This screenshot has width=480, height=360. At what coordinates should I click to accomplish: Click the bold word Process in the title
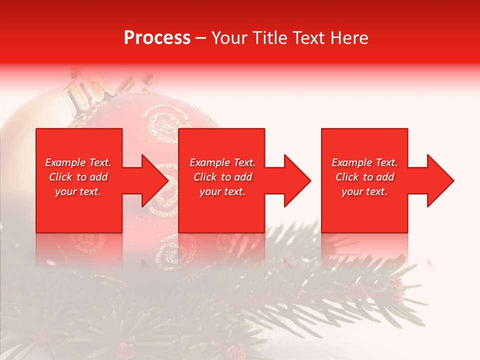(x=157, y=38)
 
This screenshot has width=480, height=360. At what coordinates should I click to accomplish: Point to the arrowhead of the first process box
(x=155, y=180)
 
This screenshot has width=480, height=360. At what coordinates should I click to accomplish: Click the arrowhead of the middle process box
(x=297, y=180)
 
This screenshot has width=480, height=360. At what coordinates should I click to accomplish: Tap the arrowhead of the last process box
(x=440, y=180)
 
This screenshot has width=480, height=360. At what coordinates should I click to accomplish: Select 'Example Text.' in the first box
(x=78, y=162)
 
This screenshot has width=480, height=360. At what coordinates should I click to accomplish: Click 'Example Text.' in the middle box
(x=222, y=162)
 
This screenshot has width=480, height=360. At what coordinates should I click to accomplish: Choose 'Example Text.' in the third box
(x=364, y=162)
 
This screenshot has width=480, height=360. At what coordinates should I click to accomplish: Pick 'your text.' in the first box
(x=78, y=191)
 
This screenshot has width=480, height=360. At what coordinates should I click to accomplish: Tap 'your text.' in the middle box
(x=222, y=191)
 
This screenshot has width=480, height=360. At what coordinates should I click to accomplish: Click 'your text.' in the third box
(x=364, y=191)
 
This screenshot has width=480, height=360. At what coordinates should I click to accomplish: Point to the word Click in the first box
(x=61, y=177)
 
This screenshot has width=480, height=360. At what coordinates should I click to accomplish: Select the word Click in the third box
(x=347, y=177)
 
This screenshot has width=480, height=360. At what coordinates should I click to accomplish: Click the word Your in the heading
(x=227, y=38)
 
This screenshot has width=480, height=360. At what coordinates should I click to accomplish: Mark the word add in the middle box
(x=243, y=177)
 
